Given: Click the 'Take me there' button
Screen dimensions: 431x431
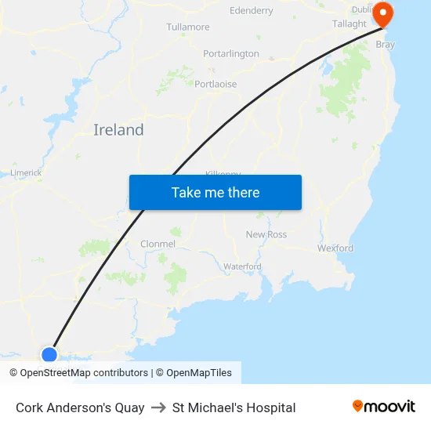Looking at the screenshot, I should tap(215, 193).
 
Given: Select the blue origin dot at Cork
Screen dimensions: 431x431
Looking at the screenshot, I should tap(49, 354).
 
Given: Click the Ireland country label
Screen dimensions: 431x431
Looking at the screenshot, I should tap(118, 130).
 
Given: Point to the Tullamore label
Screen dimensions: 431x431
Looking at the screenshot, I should tap(188, 27).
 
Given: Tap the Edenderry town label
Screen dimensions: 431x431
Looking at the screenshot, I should tap(252, 11).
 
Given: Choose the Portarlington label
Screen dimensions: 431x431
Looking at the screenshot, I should tap(231, 54).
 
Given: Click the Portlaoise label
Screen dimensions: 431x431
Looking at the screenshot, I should tap(215, 84).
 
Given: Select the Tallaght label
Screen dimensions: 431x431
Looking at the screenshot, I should tap(349, 24).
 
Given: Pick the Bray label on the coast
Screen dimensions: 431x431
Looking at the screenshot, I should tap(386, 45).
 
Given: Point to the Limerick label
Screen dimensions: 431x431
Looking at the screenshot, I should tap(26, 172).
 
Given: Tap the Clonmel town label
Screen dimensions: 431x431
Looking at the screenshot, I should tap(158, 244).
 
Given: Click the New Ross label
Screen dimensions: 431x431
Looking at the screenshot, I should tap(266, 234).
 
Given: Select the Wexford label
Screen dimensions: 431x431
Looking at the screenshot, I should tap(335, 248).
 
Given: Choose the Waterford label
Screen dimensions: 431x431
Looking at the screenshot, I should tap(242, 266).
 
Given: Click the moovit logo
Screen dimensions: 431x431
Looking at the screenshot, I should tap(384, 407).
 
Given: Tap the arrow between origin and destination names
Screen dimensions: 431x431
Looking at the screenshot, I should tap(158, 407).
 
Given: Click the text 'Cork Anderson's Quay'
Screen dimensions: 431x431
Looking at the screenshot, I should tap(80, 407).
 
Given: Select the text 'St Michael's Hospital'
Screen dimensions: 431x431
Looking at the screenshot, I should tap(234, 407).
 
